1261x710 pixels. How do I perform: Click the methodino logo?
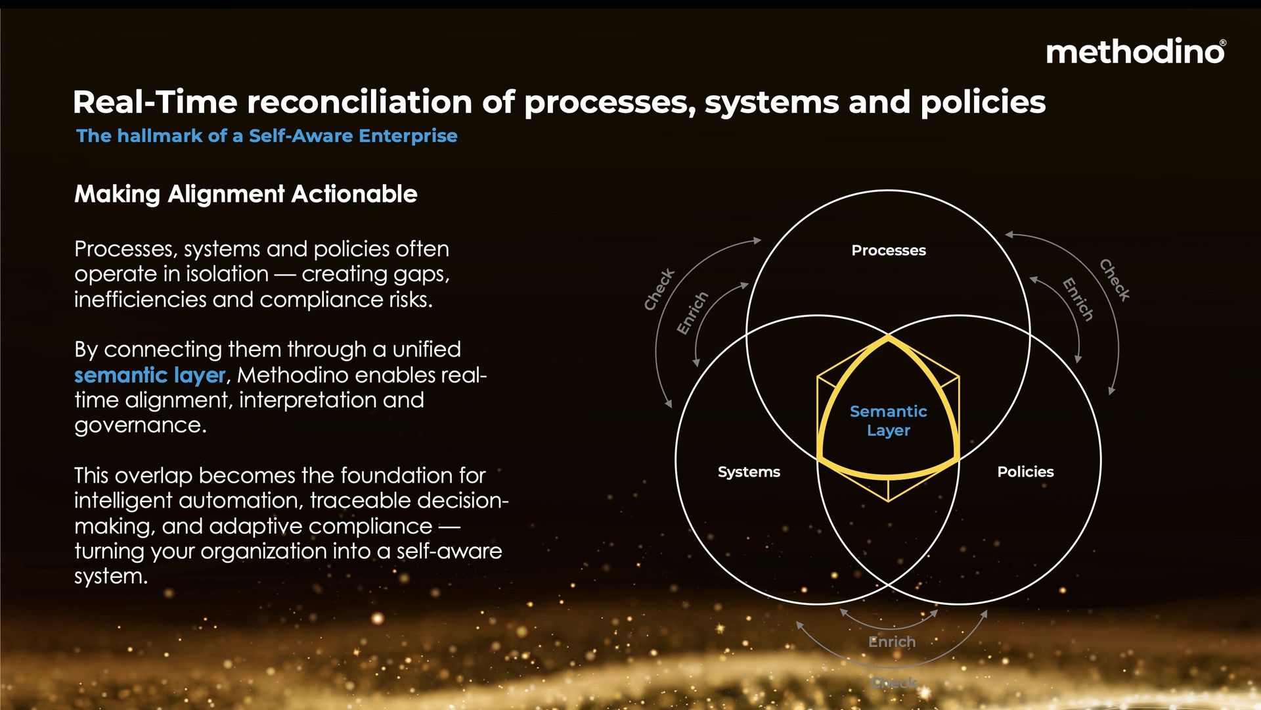coord(1136,51)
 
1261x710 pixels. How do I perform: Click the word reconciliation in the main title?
coord(360,102)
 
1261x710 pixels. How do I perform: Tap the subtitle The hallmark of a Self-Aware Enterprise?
coord(267,135)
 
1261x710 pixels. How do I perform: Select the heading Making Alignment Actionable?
coord(246,194)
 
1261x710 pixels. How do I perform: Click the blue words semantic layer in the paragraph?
coord(150,375)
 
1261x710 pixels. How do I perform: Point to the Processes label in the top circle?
coord(889,250)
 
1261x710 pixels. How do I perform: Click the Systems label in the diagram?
coord(749,472)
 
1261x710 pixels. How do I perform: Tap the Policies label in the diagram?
coord(1025,471)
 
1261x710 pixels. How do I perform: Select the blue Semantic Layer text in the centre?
coord(889,421)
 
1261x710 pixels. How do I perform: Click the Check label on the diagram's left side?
coord(659,289)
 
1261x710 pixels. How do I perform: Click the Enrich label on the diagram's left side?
coord(693,313)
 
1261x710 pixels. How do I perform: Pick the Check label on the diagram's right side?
coord(1115,280)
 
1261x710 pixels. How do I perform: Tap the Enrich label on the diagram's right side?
coord(1078,300)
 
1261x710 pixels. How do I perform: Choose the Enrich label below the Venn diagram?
coord(892,642)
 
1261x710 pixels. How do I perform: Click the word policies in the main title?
coord(983,102)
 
